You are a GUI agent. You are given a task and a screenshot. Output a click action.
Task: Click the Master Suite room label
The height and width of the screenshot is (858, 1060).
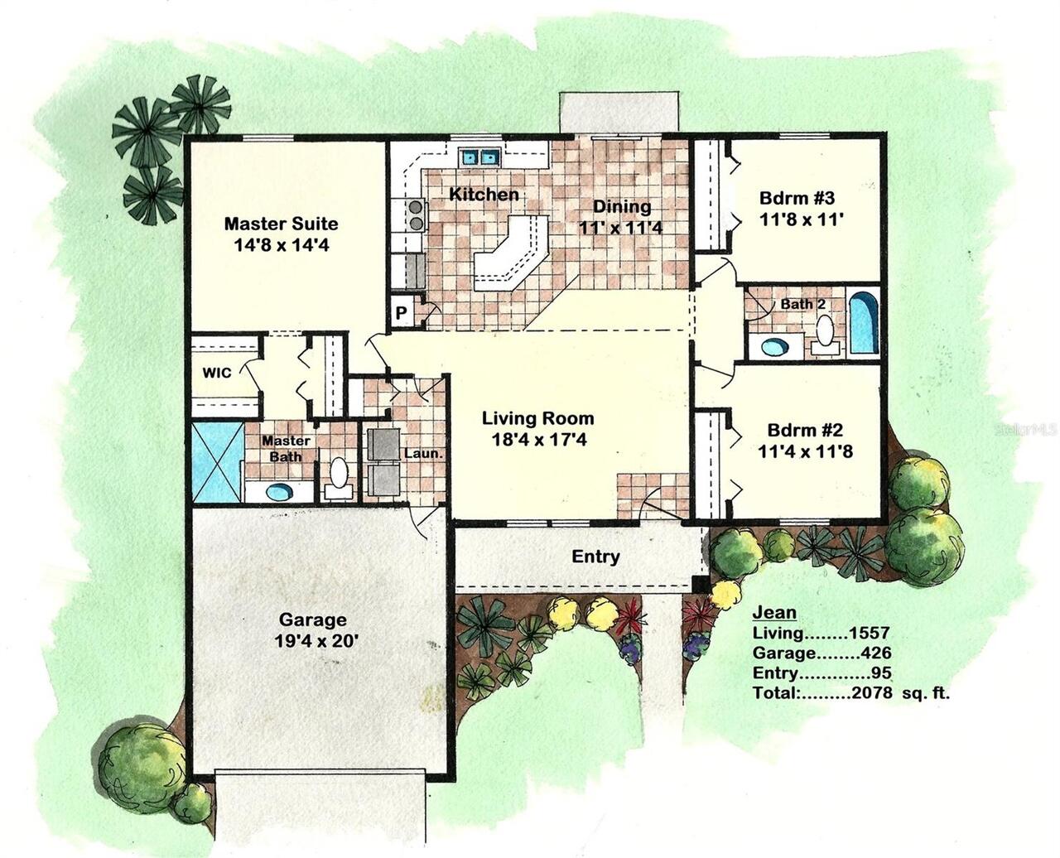(x=281, y=224)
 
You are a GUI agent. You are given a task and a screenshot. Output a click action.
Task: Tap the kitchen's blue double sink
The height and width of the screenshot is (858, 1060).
(x=480, y=157)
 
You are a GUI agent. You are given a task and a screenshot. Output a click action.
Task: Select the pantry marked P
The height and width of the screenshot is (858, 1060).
(x=401, y=313)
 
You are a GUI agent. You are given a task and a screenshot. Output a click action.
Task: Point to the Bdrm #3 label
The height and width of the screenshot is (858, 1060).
(x=797, y=199)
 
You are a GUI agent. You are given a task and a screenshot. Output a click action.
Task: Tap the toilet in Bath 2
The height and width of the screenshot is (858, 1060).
(x=825, y=330)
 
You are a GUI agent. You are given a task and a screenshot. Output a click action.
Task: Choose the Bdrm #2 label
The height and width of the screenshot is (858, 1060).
(x=804, y=431)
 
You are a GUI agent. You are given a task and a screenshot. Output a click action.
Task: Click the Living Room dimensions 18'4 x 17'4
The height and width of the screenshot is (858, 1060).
(x=537, y=440)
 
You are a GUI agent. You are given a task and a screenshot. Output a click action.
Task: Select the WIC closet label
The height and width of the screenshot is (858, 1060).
(x=217, y=373)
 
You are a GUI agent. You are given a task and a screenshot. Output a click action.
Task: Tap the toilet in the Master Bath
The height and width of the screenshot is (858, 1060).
(x=338, y=476)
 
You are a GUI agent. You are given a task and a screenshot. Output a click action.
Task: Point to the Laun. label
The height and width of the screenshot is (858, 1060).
(x=423, y=454)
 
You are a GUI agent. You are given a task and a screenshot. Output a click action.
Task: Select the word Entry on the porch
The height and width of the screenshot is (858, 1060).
(x=595, y=557)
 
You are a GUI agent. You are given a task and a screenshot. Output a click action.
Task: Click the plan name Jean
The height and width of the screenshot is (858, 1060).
(x=773, y=613)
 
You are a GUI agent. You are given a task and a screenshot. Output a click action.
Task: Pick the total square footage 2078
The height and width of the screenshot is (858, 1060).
(x=872, y=693)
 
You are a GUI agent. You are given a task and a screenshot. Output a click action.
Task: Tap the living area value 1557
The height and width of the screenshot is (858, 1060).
(x=869, y=634)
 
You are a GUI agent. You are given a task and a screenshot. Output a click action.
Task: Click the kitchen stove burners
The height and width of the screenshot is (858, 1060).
(x=414, y=214)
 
